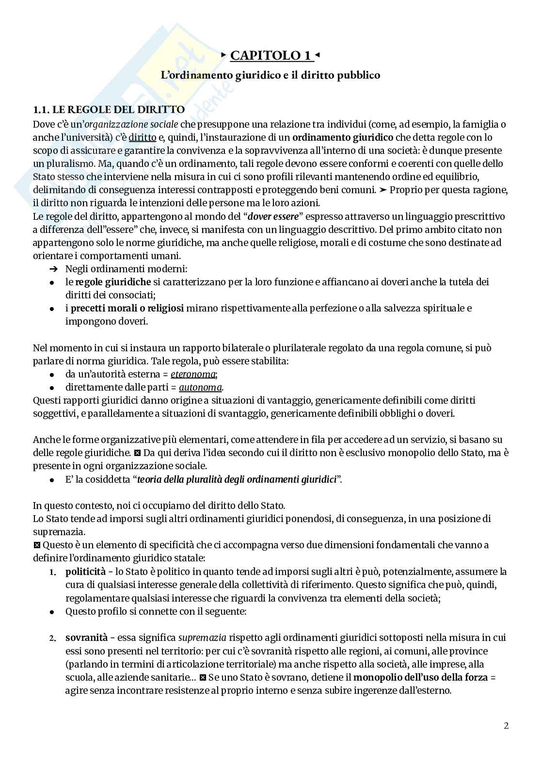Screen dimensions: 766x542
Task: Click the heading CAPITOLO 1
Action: [x=271, y=56]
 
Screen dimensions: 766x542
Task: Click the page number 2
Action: [x=506, y=726]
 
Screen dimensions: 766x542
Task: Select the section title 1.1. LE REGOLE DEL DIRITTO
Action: [x=109, y=110]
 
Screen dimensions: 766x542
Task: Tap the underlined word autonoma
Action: [x=200, y=387]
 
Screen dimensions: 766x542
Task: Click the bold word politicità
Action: [x=86, y=571]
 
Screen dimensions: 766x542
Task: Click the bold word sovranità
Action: [x=85, y=637]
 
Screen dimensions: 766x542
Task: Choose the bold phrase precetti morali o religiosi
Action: [x=128, y=308]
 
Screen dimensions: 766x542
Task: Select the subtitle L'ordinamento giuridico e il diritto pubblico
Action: [x=271, y=75]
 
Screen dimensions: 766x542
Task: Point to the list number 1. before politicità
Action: [x=53, y=572]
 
